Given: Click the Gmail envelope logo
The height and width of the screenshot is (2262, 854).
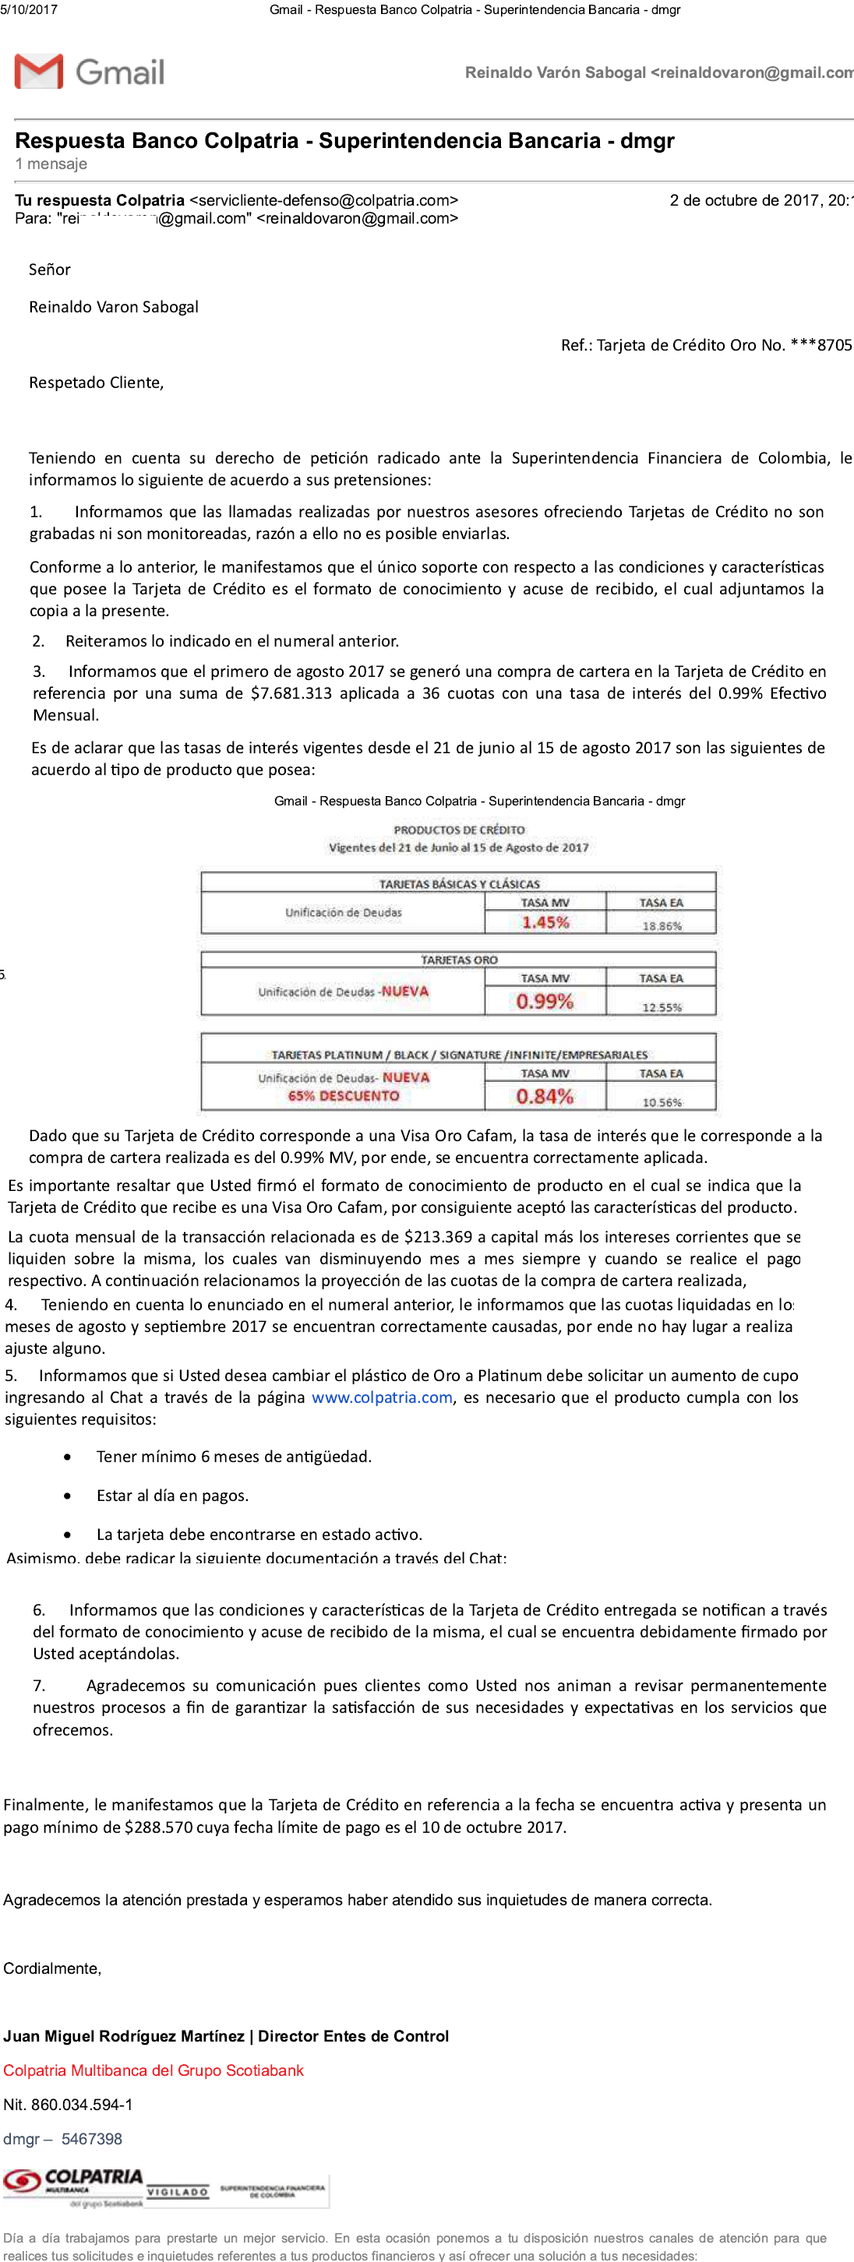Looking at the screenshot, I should coord(39,71).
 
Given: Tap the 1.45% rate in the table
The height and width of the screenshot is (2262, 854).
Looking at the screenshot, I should coord(545,922).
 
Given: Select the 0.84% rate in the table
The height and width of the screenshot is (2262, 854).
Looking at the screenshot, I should coord(545,1096).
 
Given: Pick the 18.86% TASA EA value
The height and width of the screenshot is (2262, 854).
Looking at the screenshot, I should coord(662,925).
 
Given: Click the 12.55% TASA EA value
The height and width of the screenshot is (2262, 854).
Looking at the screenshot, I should coord(662,1007).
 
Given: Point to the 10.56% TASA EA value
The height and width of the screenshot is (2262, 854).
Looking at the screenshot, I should coord(662,1102).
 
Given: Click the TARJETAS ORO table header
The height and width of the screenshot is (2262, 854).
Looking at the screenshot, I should coord(459,960).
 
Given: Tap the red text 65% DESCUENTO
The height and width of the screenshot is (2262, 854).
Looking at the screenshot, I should coord(344,1096).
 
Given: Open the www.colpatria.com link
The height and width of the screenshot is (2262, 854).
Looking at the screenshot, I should coord(382,1397).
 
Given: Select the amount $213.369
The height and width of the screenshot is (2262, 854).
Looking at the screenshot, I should coord(438,1236).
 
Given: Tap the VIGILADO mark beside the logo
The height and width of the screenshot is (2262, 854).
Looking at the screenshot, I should coord(178,2192).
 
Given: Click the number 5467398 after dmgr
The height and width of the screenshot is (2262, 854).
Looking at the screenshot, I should coord(91,2138).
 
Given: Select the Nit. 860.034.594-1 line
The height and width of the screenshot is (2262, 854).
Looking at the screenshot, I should coord(68,2104).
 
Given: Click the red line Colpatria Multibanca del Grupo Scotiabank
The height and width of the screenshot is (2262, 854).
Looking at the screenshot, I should coord(153,2070).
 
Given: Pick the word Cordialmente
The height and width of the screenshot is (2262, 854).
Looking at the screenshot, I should coord(52,1968).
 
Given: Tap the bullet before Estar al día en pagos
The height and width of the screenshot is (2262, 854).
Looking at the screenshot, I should coord(68,1496).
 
